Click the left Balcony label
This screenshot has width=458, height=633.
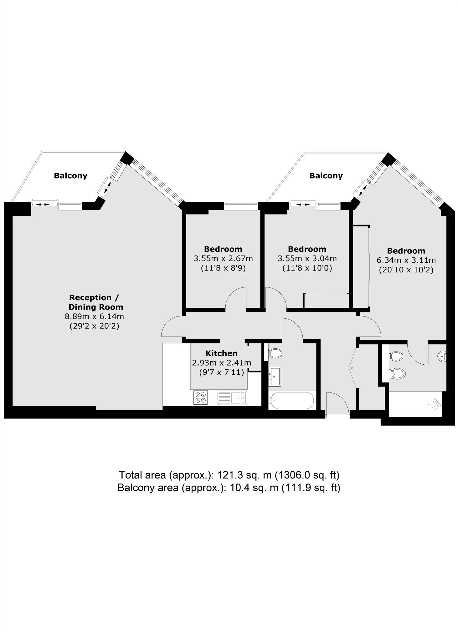click(x=70, y=176)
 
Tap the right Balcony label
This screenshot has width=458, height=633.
click(x=326, y=176)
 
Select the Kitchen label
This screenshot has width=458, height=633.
click(x=221, y=353)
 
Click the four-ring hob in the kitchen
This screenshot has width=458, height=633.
click(x=200, y=398)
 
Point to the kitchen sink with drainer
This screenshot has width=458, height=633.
click(x=232, y=398)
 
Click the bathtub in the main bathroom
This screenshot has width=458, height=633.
click(x=292, y=400)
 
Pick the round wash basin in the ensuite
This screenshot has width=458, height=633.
click(x=442, y=356)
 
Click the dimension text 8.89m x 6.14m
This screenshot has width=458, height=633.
click(x=94, y=316)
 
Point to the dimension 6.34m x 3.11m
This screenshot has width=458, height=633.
click(x=406, y=260)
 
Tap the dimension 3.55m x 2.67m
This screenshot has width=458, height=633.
click(x=223, y=259)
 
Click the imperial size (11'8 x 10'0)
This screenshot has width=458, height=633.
click(x=307, y=268)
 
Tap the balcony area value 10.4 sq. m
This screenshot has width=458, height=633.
click(x=254, y=488)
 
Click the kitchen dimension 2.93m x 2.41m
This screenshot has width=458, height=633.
click(x=221, y=363)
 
